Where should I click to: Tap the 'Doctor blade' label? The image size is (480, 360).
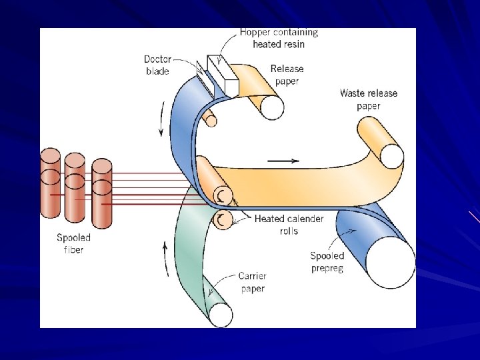157,65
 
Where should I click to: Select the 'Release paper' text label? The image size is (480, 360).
287,75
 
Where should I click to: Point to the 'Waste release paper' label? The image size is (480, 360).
368,99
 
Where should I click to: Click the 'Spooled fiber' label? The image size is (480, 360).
73,243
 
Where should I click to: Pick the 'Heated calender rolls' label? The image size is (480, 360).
289,225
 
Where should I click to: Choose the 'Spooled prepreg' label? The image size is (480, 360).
327,262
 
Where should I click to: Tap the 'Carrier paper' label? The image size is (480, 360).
252,282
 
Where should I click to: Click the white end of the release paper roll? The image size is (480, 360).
272,107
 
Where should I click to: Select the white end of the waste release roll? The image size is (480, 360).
392,157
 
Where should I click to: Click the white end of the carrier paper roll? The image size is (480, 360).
221,315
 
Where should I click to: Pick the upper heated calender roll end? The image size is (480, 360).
223,195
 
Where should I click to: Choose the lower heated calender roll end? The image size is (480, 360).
223,219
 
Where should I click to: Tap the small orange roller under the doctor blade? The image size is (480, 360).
211,119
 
